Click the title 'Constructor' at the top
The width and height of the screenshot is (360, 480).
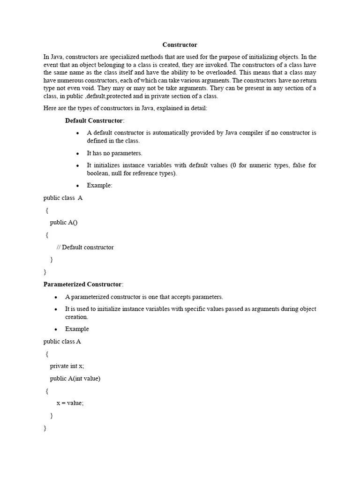click(x=180, y=45)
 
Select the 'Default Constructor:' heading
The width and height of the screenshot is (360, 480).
click(x=95, y=120)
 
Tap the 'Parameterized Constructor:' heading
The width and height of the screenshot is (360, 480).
click(x=83, y=285)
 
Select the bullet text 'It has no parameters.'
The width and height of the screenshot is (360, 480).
click(x=114, y=153)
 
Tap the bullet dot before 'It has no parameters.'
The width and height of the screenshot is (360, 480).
click(x=78, y=153)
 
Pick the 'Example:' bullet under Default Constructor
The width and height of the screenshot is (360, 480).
click(x=99, y=186)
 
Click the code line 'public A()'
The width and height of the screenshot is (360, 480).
click(x=64, y=223)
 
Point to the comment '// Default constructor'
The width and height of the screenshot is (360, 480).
click(x=85, y=247)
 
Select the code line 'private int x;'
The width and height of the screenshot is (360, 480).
click(x=67, y=366)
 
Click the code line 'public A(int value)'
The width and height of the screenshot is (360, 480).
click(x=75, y=378)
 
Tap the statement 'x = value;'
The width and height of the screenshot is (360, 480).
click(x=70, y=403)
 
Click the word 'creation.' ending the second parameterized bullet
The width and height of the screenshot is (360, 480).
click(x=76, y=317)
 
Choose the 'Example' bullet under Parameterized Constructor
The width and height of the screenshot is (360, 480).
click(x=77, y=329)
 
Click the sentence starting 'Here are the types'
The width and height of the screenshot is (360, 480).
click(x=125, y=108)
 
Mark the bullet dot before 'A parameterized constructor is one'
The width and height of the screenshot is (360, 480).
click(x=56, y=297)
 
